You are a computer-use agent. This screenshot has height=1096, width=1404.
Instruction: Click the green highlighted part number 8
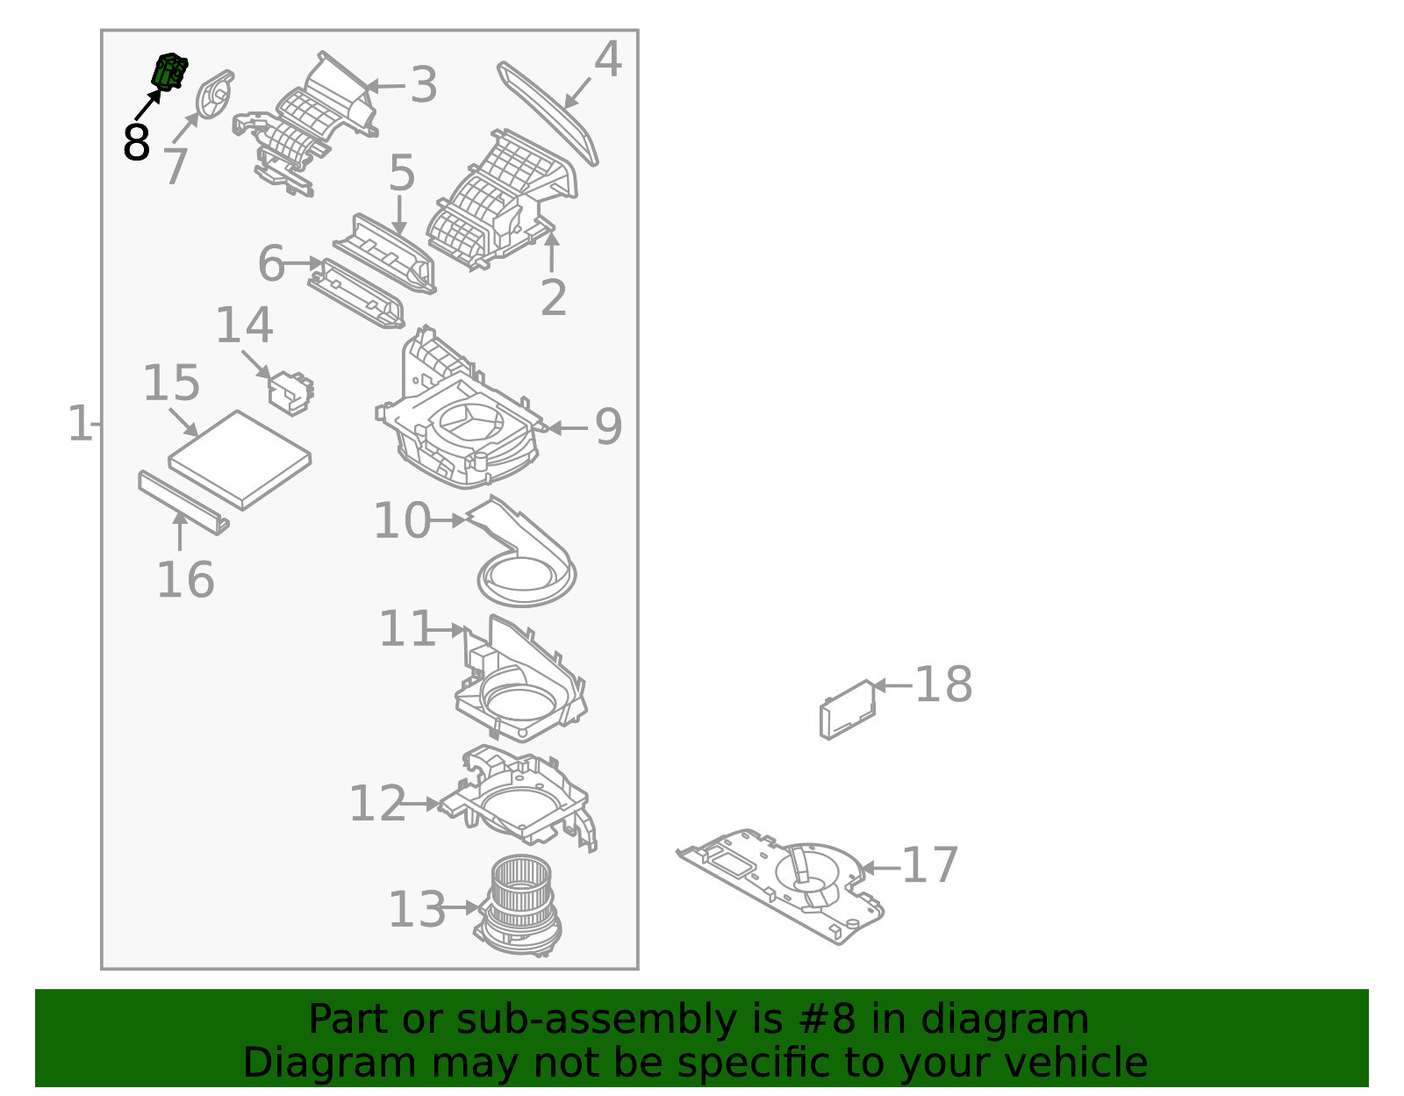coord(170,70)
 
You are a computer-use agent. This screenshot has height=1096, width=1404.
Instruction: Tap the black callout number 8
coord(136,143)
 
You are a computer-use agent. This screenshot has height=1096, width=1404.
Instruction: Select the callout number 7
coord(175,167)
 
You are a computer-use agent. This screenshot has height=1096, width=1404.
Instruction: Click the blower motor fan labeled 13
coord(519,904)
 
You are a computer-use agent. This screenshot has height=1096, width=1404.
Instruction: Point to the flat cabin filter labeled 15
coord(240,459)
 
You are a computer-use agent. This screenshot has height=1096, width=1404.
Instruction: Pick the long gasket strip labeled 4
coord(548,112)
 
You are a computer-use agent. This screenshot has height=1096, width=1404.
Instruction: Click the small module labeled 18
coord(847,709)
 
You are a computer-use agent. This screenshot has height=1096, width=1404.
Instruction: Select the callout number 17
coord(929,866)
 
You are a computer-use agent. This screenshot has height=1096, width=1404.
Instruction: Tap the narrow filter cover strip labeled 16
coord(183,503)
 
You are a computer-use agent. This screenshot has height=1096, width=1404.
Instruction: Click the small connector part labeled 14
coord(290,391)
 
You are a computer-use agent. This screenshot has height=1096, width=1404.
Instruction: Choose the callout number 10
coord(402,521)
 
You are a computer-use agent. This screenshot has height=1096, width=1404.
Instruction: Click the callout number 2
coord(553,298)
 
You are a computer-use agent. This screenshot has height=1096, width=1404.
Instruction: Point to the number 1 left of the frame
coord(79,425)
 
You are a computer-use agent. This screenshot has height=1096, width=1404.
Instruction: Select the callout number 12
coord(377,805)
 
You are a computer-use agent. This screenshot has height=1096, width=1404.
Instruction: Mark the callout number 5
coord(401,173)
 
